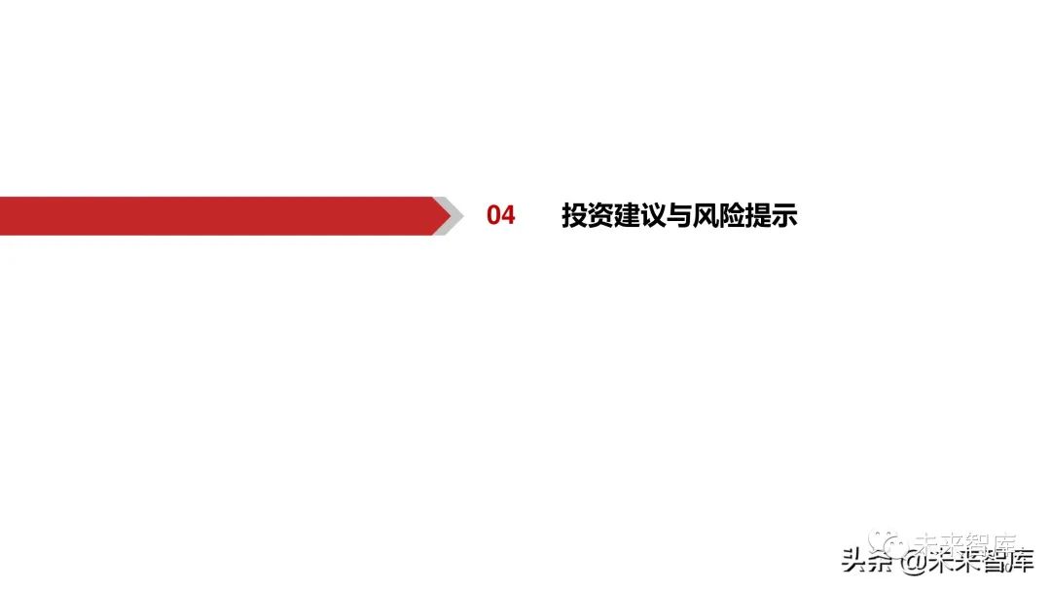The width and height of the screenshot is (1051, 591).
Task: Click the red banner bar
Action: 214,215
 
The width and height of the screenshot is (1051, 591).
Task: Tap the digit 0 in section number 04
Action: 494,215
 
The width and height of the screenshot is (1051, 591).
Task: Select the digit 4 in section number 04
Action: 508,215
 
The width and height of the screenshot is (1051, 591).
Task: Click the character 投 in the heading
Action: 574,215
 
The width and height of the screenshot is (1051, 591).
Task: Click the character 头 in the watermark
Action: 854,562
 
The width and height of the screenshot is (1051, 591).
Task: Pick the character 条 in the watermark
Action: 880,562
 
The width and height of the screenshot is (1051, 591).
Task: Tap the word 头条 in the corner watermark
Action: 867,562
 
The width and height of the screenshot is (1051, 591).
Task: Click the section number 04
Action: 501,215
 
